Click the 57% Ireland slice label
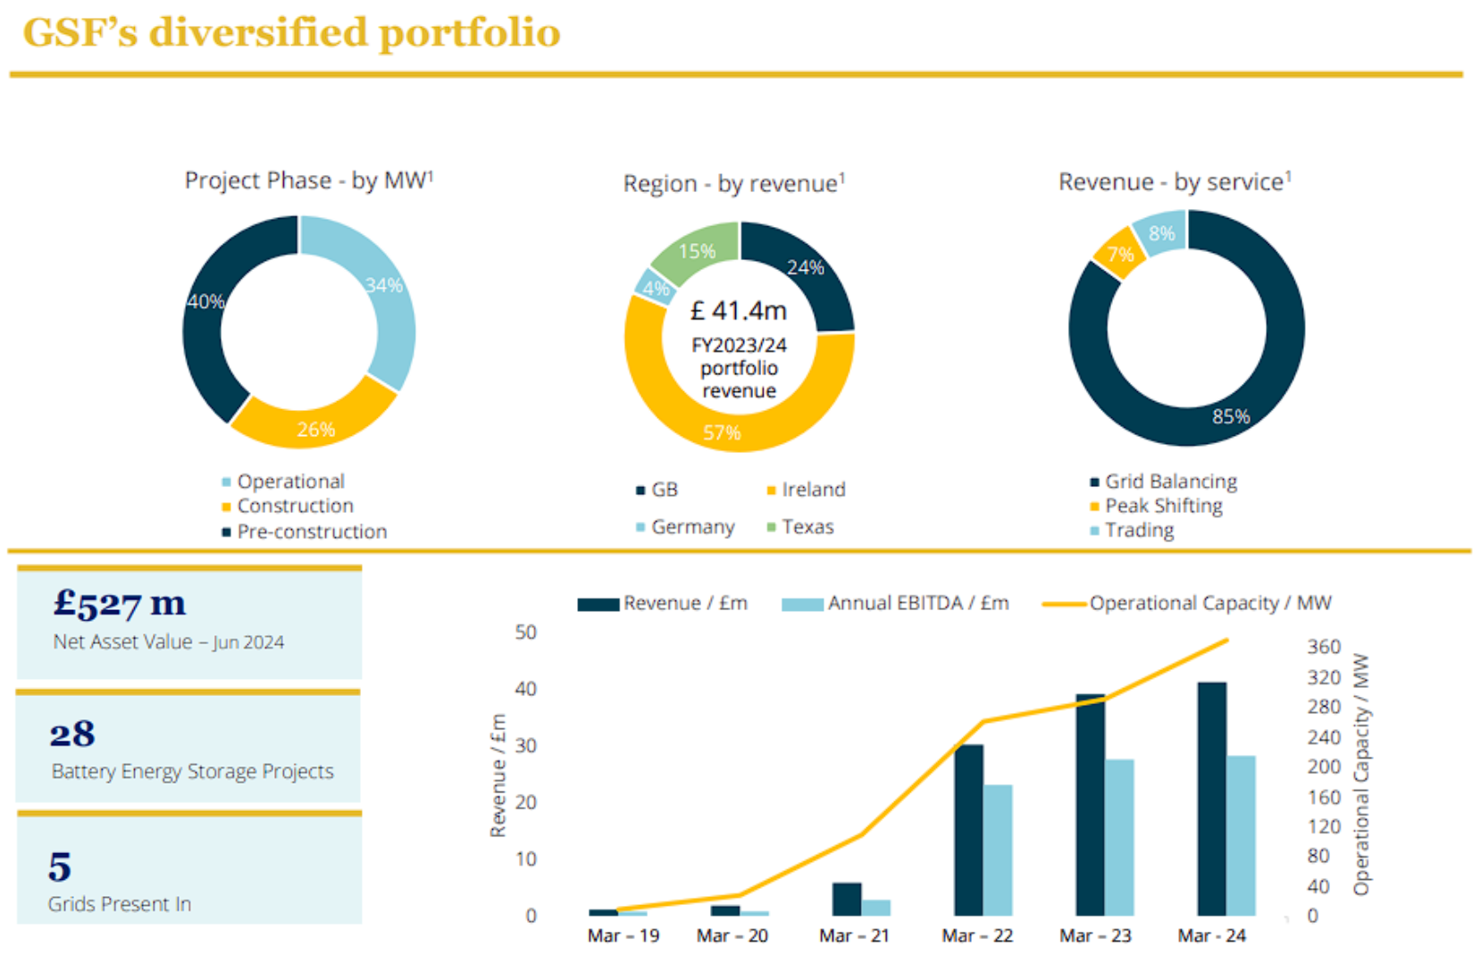pos(722,433)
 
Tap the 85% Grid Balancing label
pos(1230,416)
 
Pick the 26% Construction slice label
pos(316,430)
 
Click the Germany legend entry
pos(692,527)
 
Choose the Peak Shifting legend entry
pos(1163,506)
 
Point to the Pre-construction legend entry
pos(311,532)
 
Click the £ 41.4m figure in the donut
pos(739,311)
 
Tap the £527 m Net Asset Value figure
pos(120,604)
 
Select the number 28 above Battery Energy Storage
pos(72,734)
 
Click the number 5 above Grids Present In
pos(60,867)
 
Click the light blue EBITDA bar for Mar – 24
pos(1241,835)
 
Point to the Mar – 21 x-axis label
pos(854,935)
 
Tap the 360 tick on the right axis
pos(1323,647)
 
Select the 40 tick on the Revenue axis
pos(525,689)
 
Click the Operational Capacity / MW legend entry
pos(1209,603)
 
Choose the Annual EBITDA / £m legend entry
pos(917,603)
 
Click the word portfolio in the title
pos(470,34)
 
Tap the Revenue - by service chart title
pos(1174,182)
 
